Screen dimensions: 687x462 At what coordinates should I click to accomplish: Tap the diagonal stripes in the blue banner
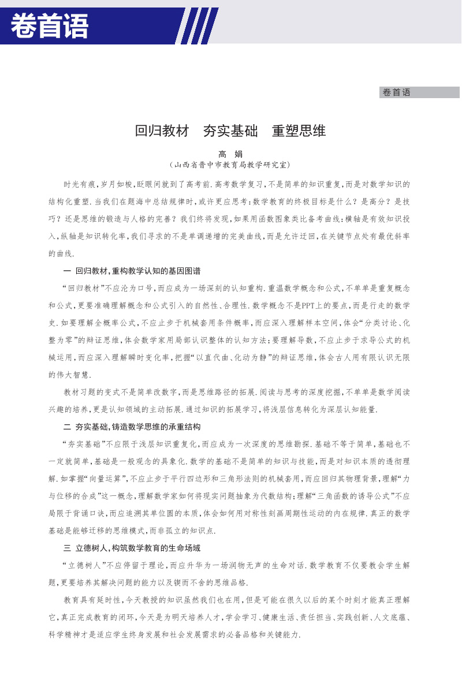196,27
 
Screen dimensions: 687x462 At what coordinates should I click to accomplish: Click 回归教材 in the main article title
162,132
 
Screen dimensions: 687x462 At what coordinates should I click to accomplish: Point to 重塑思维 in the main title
299,132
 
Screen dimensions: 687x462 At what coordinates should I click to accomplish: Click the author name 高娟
230,154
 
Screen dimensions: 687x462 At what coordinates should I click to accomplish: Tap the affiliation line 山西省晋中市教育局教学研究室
230,165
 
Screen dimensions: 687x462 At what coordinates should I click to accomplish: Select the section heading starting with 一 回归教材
132,271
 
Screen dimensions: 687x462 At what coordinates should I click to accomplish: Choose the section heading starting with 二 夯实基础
132,428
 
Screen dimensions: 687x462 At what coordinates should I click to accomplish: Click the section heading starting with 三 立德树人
132,547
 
